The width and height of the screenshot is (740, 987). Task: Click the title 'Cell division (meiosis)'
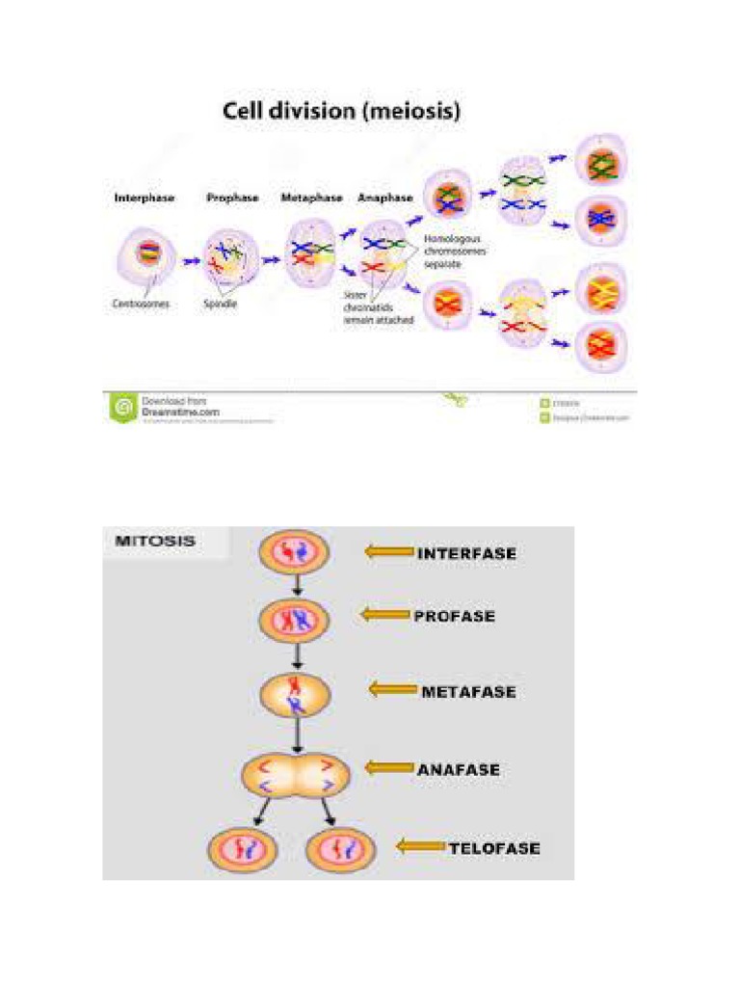coord(342,111)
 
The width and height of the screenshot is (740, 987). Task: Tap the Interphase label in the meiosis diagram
coord(145,198)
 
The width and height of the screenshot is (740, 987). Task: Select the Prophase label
coord(232,198)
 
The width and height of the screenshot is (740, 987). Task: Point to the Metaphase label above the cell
coord(310,198)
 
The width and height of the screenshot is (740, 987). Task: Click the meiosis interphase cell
coord(147,256)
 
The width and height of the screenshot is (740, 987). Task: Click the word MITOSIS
coord(155,541)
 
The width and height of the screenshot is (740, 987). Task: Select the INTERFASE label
coord(466,553)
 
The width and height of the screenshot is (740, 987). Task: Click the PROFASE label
coord(454,615)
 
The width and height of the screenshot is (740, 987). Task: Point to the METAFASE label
coord(468,692)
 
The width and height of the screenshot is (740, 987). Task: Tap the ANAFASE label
coord(459,769)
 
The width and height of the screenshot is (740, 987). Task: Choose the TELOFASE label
coord(494,849)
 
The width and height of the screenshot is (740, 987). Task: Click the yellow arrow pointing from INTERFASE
coord(387,552)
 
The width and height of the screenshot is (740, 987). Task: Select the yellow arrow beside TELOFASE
coord(421,847)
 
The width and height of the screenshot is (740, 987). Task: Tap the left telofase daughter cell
coord(242,849)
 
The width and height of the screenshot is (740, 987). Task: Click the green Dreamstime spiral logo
coord(122,408)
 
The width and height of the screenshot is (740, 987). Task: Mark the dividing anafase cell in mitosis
coord(296,774)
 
